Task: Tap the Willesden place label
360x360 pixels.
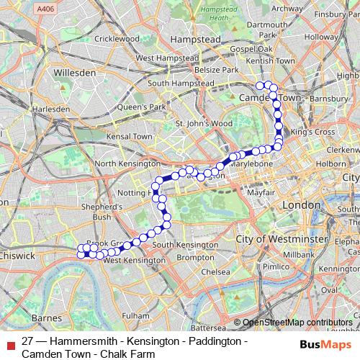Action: pyautogui.click(x=76, y=73)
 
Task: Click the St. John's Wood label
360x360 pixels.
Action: pyautogui.click(x=204, y=123)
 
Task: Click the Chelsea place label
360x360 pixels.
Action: pyautogui.click(x=215, y=272)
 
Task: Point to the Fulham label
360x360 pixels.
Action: pyautogui.click(x=135, y=315)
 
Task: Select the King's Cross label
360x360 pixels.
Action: pyautogui.click(x=312, y=132)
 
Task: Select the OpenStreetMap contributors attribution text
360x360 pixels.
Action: pyautogui.click(x=298, y=323)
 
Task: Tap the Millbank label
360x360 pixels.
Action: pyautogui.click(x=298, y=255)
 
